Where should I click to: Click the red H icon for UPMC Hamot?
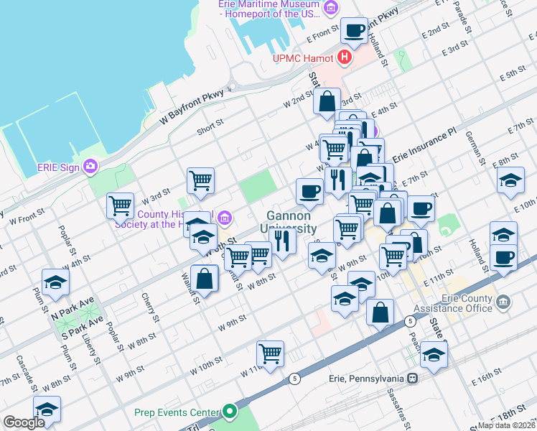(345, 57)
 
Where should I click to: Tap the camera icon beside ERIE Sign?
(90, 167)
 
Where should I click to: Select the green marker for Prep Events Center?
(230, 412)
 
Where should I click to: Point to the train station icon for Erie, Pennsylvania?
(413, 378)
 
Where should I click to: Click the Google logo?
(24, 422)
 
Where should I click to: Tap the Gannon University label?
(289, 222)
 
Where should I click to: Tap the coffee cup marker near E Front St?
(355, 31)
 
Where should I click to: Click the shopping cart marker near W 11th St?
(271, 353)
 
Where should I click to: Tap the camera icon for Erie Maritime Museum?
(331, 9)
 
